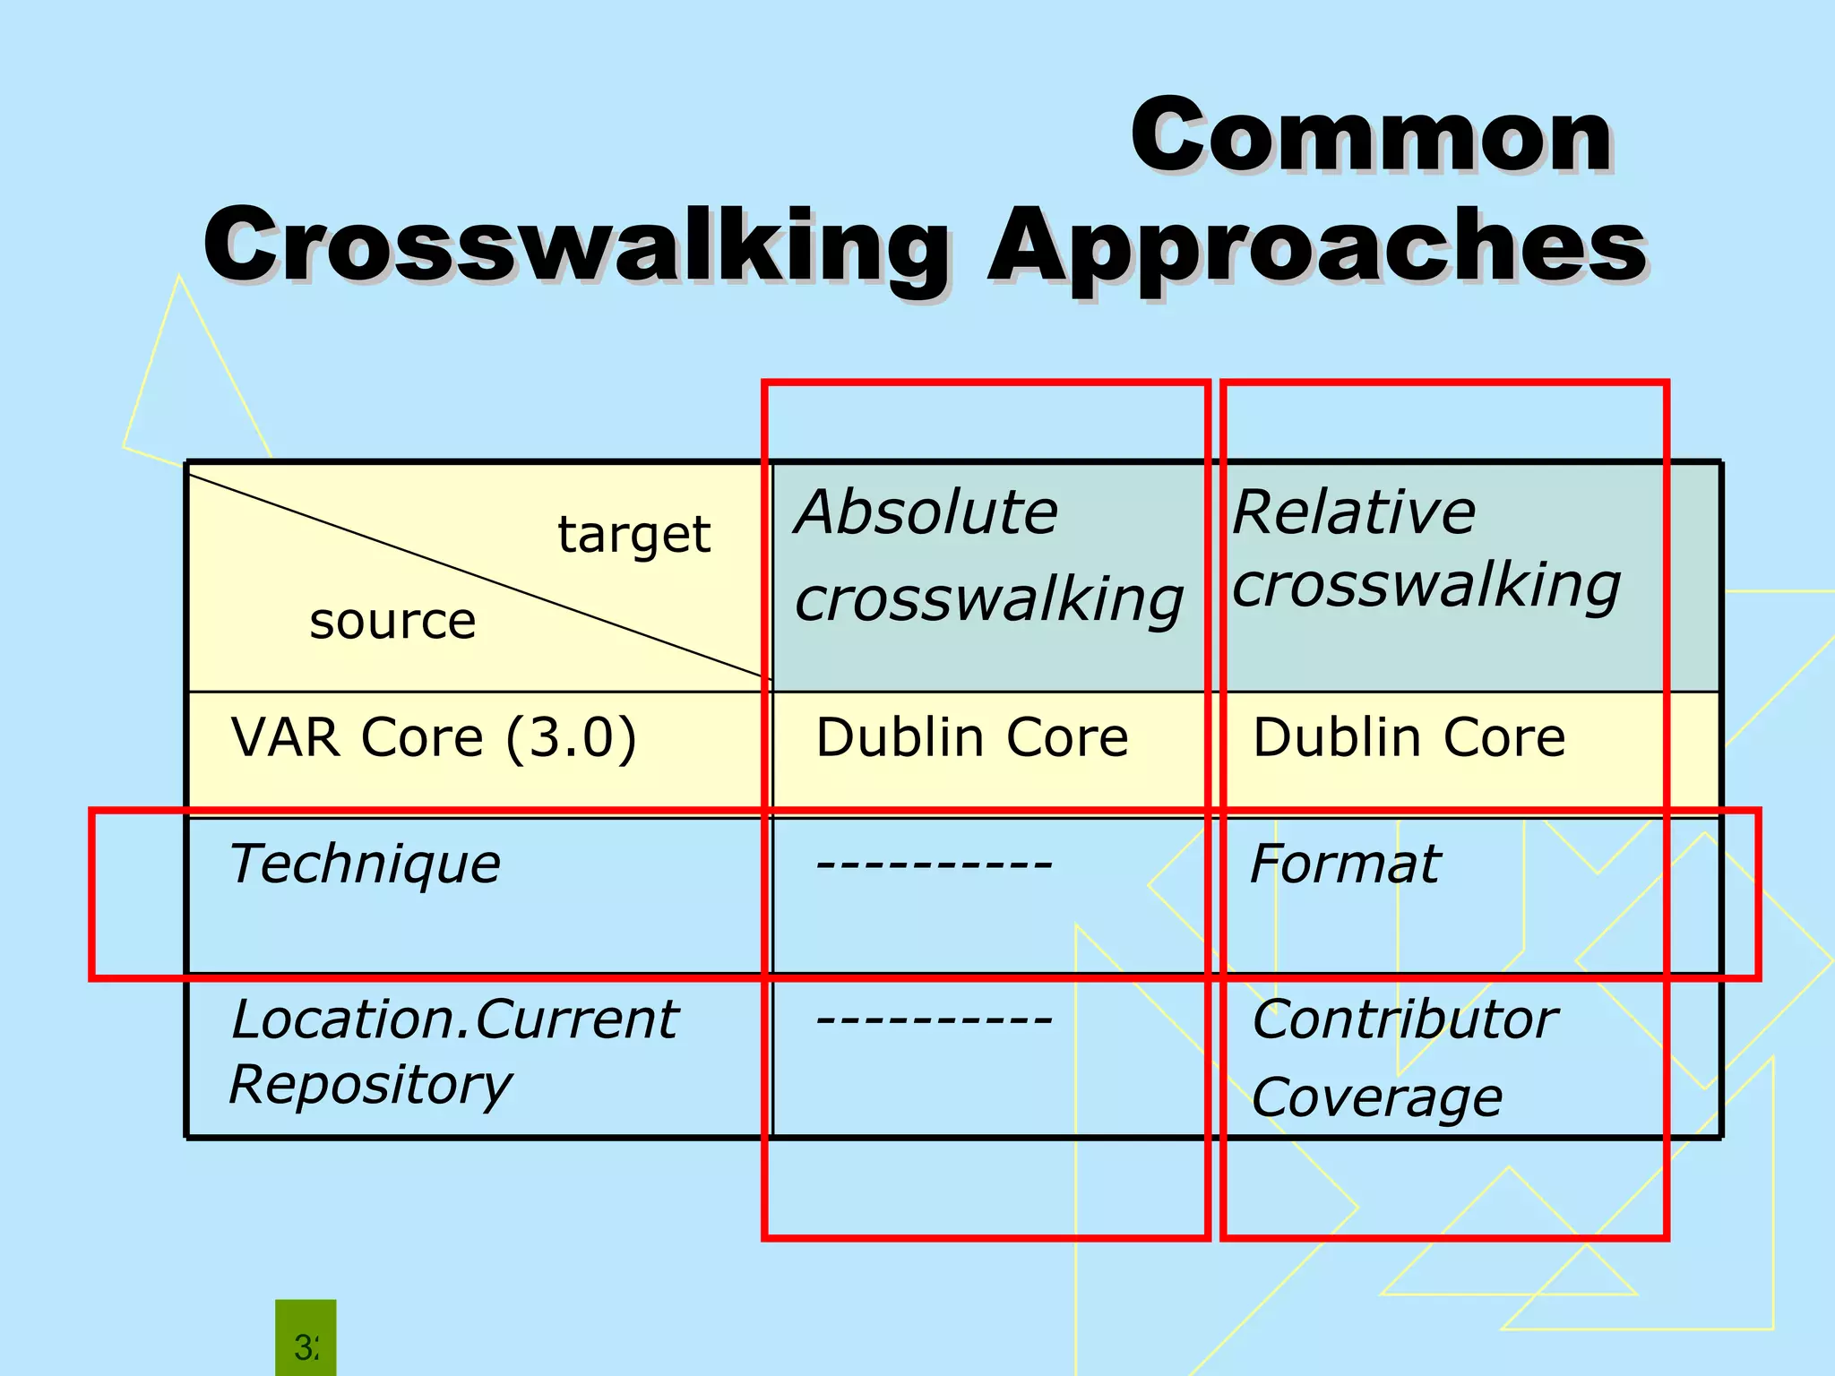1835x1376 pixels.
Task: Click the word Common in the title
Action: point(1371,136)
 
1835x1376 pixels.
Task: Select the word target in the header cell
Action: point(634,535)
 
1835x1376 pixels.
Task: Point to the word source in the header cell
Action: point(392,621)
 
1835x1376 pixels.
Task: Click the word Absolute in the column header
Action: point(926,512)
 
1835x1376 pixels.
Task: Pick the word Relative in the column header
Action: point(1354,512)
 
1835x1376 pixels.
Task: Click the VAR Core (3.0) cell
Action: point(434,738)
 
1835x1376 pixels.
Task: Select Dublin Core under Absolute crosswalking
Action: point(972,738)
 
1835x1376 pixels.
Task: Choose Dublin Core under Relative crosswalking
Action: point(1409,738)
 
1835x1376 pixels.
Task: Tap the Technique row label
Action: point(365,865)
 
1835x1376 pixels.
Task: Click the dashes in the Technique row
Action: point(935,865)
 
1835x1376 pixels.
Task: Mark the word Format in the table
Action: point(1345,865)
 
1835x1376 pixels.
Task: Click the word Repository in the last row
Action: point(370,1086)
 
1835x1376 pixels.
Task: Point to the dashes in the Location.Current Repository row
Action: point(935,1019)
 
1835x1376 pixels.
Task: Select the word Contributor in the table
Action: point(1405,1019)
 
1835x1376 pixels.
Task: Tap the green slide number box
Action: point(306,1339)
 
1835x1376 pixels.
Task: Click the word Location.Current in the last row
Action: point(454,1019)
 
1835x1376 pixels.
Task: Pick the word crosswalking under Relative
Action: point(1426,586)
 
